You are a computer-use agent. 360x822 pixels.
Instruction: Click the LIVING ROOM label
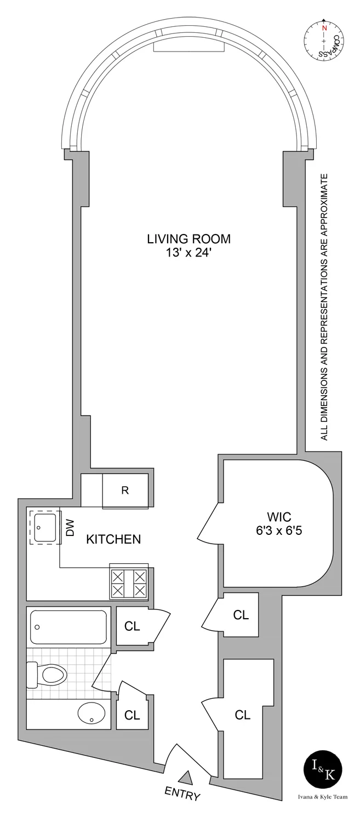point(188,239)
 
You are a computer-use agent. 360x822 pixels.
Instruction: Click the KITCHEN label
point(113,539)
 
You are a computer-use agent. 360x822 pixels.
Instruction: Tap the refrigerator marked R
point(125,490)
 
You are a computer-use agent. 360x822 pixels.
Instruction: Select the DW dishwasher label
point(70,529)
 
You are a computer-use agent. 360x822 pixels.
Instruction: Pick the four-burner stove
point(129,583)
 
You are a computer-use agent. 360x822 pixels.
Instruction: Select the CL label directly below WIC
point(241,615)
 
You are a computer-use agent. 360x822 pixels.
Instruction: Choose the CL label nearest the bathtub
point(132,625)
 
